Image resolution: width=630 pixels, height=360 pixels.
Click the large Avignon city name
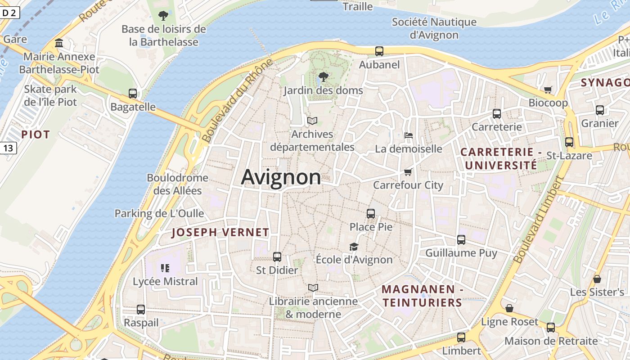click(x=281, y=177)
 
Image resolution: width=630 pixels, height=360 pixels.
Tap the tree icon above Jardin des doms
click(x=323, y=77)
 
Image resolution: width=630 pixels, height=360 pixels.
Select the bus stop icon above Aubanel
click(x=379, y=51)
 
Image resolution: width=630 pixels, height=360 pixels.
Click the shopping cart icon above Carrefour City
click(x=408, y=172)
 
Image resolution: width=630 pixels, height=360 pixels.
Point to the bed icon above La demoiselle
click(x=409, y=135)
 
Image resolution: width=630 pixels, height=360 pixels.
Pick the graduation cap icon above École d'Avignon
click(x=354, y=247)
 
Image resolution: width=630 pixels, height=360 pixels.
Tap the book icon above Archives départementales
click(x=312, y=121)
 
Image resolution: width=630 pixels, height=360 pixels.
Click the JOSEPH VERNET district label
click(x=220, y=233)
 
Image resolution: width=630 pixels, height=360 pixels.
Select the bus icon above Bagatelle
click(x=133, y=94)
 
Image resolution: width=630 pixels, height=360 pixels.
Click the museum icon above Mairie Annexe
click(x=59, y=43)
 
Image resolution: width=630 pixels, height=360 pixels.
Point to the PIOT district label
click(x=35, y=134)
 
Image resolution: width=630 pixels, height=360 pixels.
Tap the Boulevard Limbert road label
click(x=539, y=220)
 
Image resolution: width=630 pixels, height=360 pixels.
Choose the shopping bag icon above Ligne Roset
click(x=509, y=308)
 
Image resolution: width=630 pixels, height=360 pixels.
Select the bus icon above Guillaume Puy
click(x=461, y=240)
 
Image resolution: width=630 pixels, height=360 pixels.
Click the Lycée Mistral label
click(x=165, y=282)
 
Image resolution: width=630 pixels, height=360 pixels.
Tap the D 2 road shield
click(x=9, y=13)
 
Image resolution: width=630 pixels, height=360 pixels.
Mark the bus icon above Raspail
click(x=141, y=310)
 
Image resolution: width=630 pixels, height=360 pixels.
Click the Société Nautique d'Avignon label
click(x=434, y=28)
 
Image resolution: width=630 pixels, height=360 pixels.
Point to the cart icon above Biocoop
click(x=548, y=90)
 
